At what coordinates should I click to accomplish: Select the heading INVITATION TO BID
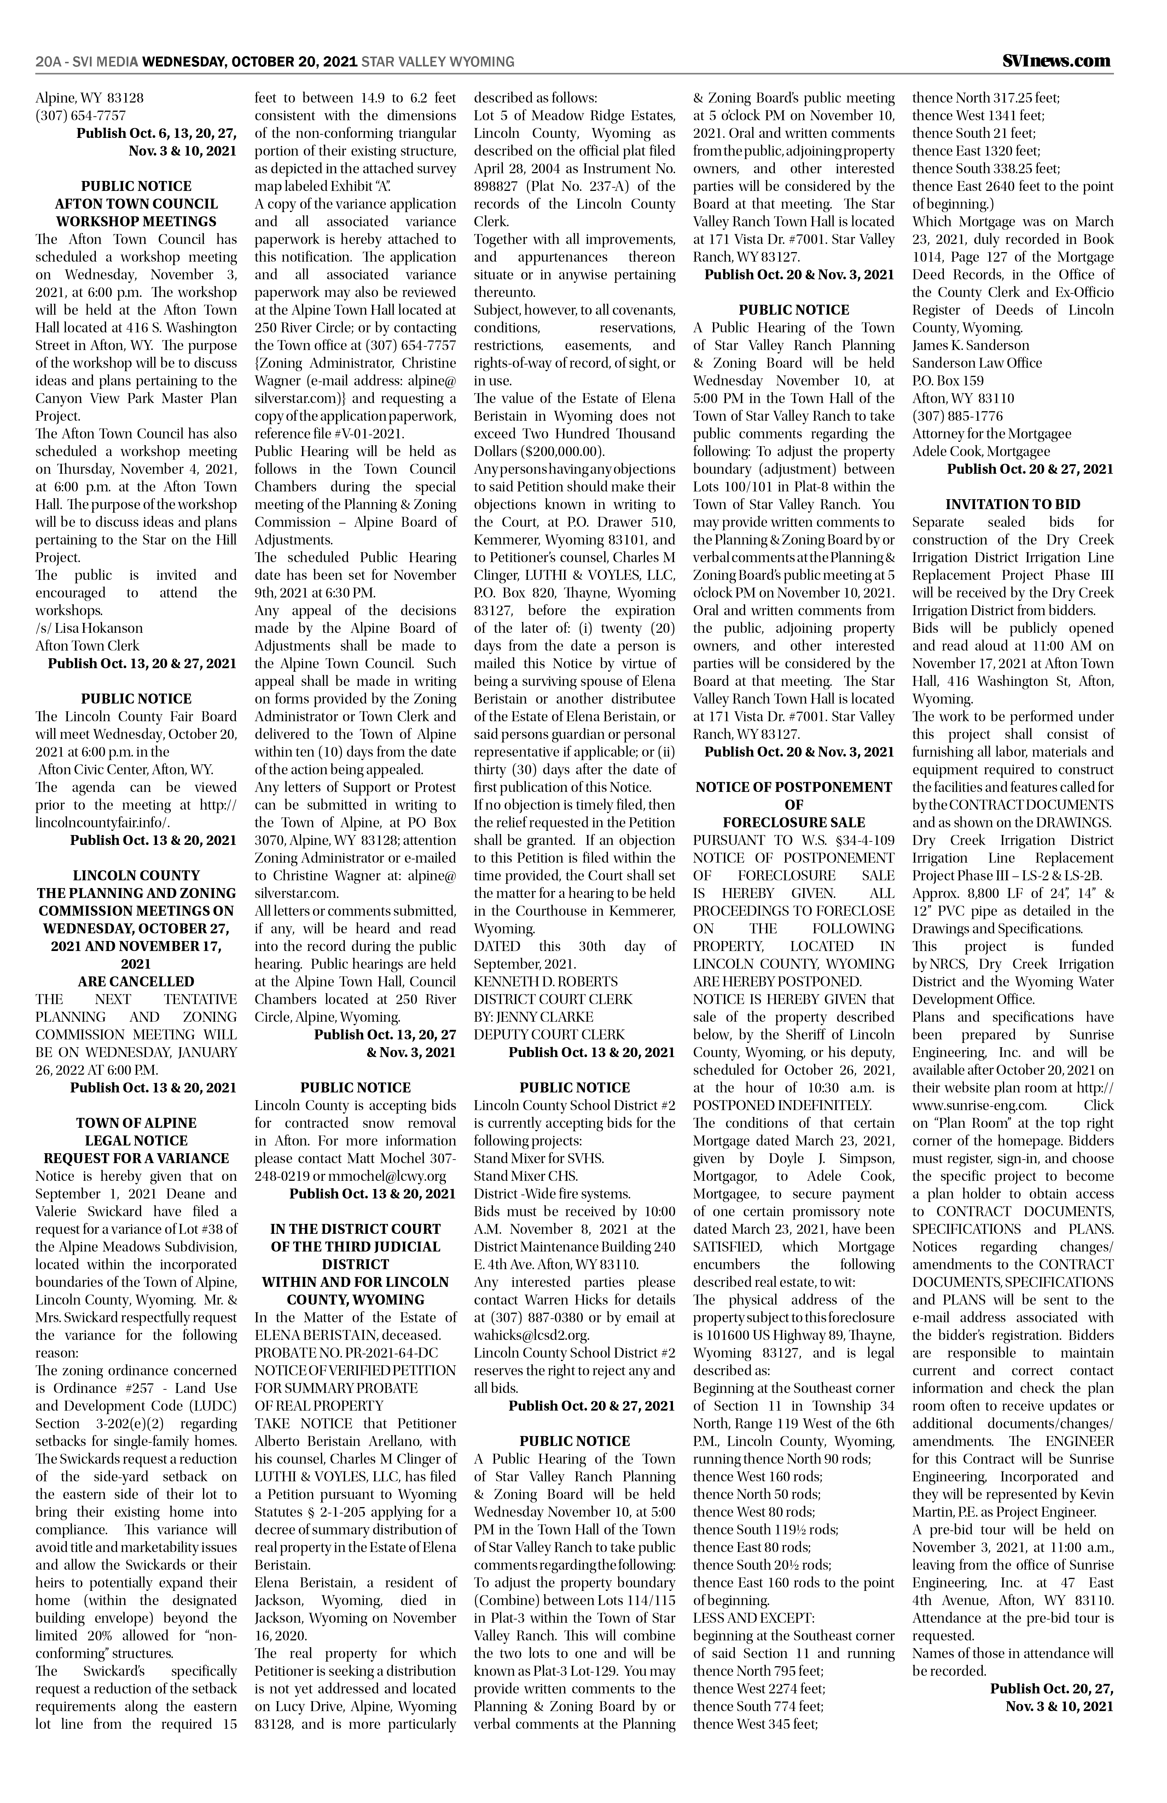coord(1012,504)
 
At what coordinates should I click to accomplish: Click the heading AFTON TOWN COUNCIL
coord(137,204)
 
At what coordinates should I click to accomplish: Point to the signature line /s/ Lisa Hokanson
coord(89,628)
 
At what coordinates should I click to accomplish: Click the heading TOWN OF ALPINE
coord(137,1123)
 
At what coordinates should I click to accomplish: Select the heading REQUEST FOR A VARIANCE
coord(137,1158)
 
